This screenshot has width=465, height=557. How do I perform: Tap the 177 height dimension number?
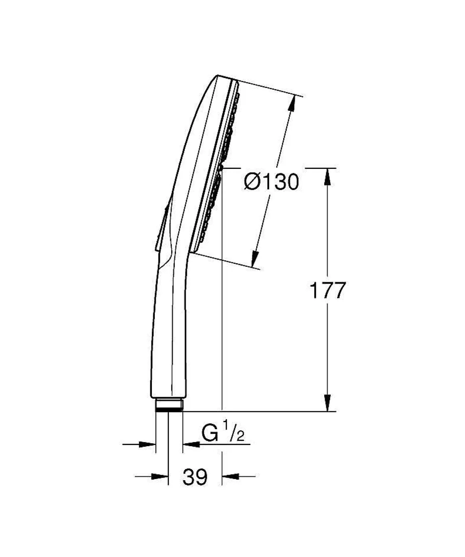(328, 291)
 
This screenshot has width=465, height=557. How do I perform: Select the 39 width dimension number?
(195, 477)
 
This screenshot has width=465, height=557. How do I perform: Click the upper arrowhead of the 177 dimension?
(328, 176)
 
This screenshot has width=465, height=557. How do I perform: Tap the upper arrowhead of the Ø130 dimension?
(291, 104)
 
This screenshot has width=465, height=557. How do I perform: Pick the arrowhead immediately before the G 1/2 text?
(191, 445)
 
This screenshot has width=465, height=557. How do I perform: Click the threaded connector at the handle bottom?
(169, 405)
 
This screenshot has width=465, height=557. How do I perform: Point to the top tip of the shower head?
(218, 76)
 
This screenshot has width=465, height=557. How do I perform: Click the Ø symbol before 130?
(252, 182)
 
